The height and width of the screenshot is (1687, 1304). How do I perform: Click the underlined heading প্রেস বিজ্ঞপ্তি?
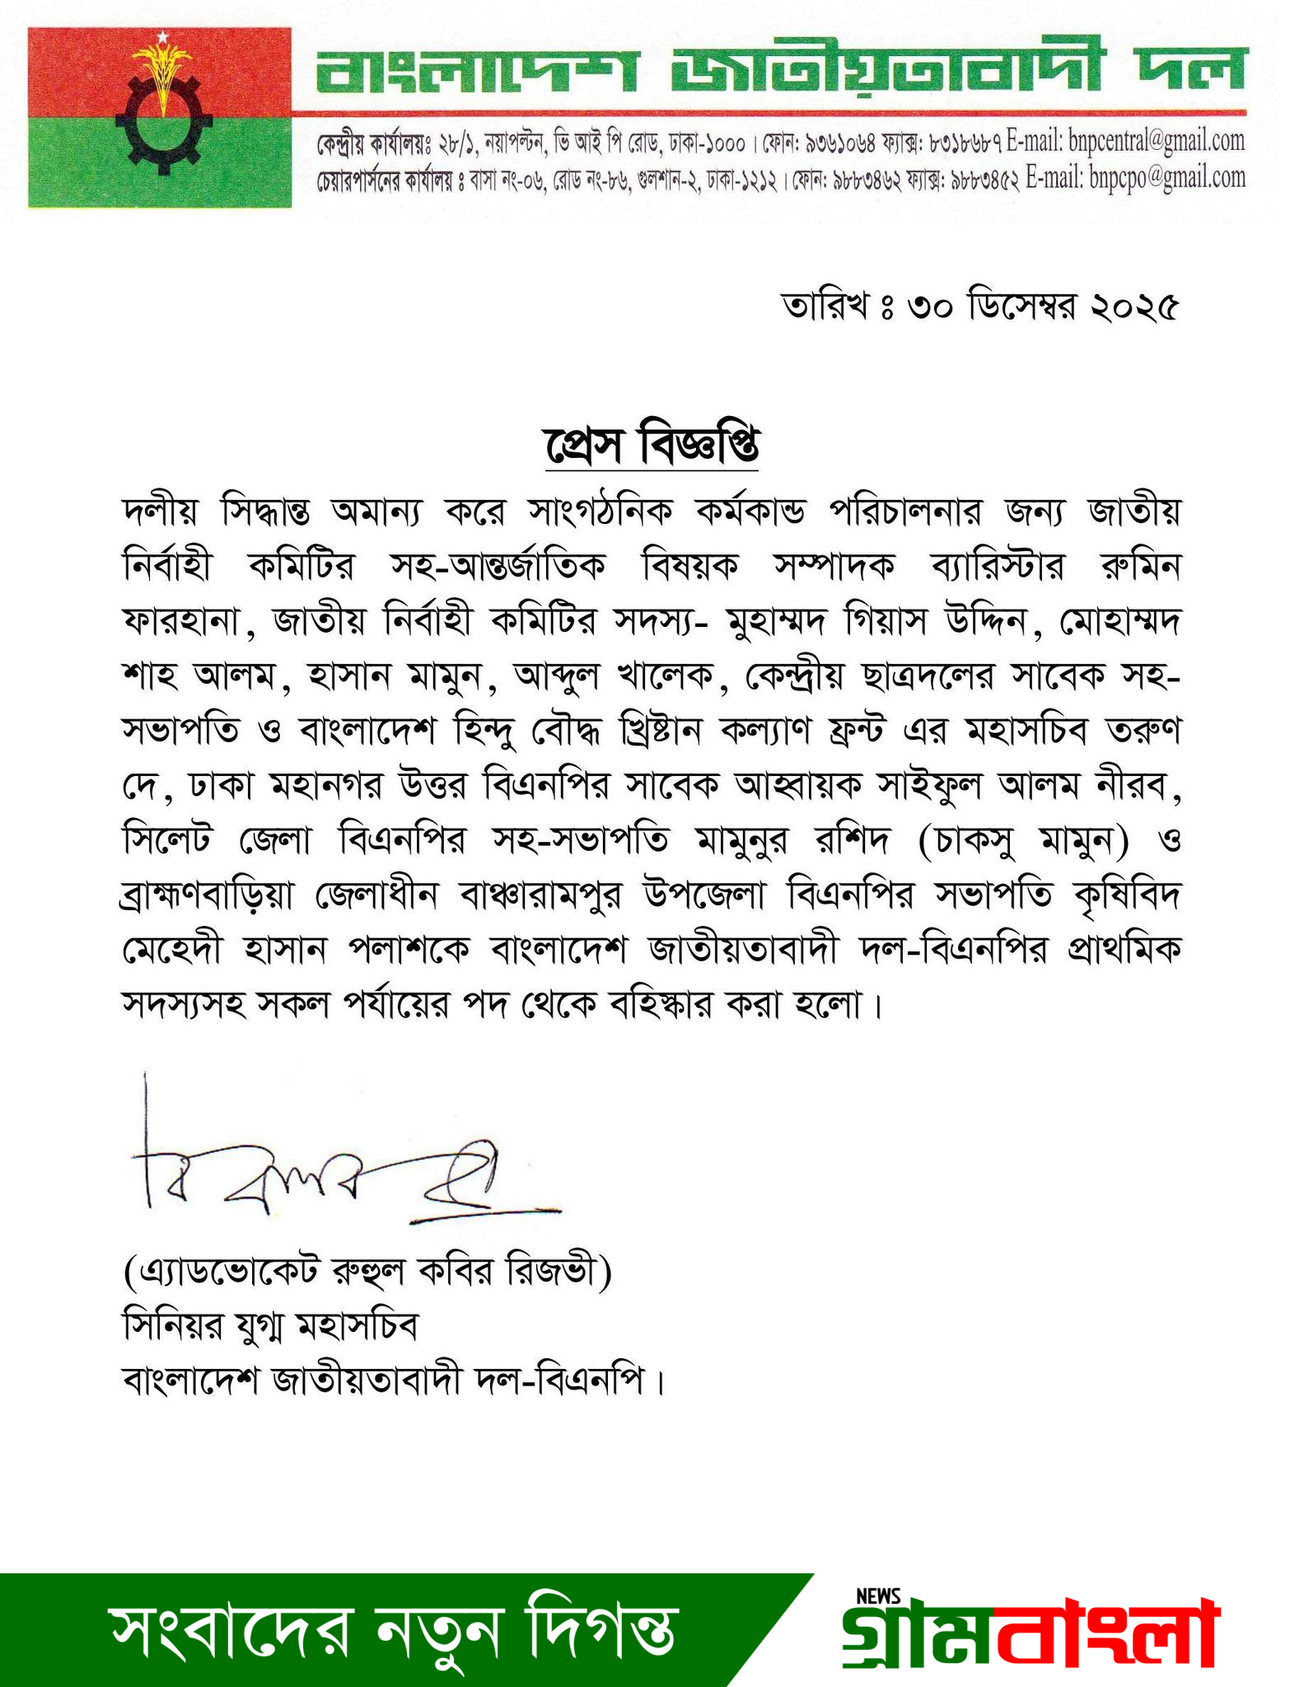[651, 446]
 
